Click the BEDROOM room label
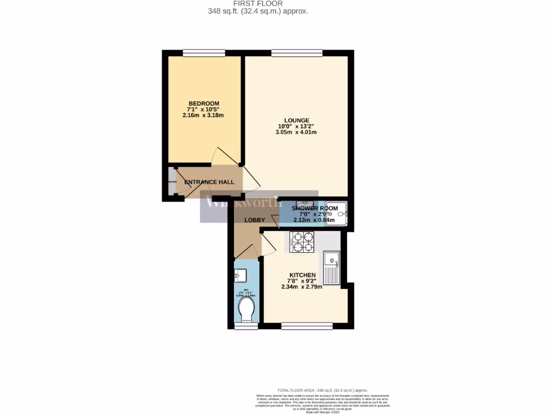(x=204, y=103)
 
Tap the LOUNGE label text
(x=297, y=120)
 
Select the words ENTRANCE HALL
(x=209, y=182)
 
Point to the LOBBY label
(x=254, y=220)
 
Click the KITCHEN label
(x=302, y=275)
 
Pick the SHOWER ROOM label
(x=315, y=208)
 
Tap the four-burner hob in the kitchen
(x=302, y=241)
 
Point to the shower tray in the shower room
(x=341, y=213)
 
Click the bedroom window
(x=204, y=53)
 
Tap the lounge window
(x=297, y=53)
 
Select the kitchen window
(x=307, y=325)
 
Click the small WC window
(x=245, y=326)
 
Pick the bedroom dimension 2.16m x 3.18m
(x=204, y=115)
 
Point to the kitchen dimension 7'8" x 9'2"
(x=302, y=281)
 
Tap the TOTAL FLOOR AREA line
(x=322, y=390)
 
